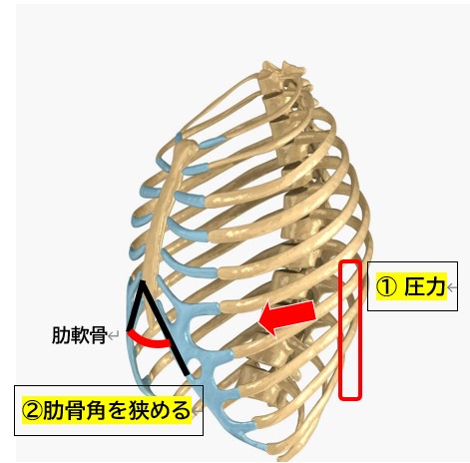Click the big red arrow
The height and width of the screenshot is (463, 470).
click(286, 317)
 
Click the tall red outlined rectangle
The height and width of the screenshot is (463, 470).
click(340, 329)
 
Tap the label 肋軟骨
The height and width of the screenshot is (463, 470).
click(79, 335)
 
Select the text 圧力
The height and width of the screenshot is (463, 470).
click(424, 286)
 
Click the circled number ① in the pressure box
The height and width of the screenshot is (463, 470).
click(386, 287)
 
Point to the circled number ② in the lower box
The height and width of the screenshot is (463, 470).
click(32, 410)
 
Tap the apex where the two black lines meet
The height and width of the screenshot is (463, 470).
click(143, 282)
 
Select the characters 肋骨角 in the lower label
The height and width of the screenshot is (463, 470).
click(74, 410)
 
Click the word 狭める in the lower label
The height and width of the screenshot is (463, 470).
click(159, 410)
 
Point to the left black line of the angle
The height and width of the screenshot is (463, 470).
click(136, 306)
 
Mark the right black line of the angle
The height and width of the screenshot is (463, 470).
click(166, 328)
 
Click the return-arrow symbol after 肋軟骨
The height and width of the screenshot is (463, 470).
click(114, 335)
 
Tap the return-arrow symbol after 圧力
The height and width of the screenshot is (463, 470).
click(451, 287)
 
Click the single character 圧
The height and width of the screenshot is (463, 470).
click(414, 286)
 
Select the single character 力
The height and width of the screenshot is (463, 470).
click(435, 286)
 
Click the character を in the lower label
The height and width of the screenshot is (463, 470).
click(117, 410)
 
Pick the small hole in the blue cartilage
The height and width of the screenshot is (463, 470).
click(193, 361)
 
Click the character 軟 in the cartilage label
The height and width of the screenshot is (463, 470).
click(79, 335)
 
